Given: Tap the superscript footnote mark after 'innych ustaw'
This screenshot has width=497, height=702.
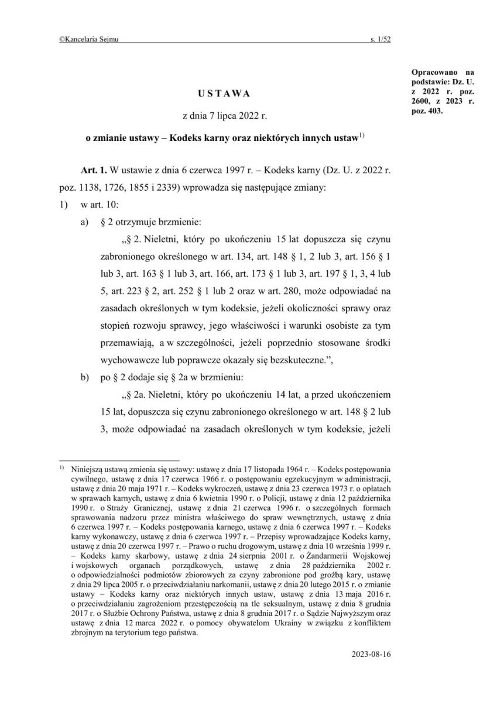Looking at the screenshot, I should click(362, 137).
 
